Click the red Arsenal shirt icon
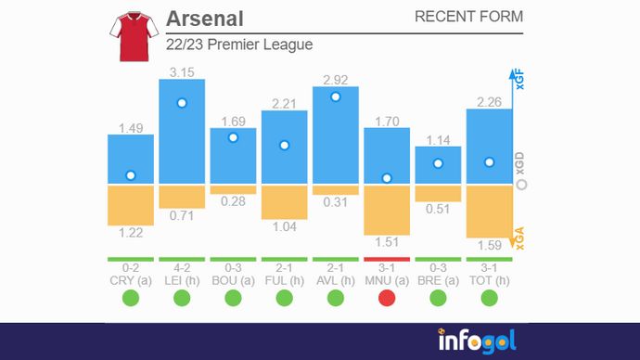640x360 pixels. coord(130,37)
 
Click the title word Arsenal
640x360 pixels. coord(204,19)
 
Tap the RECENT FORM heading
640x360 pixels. coord(468,17)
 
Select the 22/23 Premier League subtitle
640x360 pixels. coord(239,45)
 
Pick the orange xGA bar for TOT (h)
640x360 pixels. coord(489,212)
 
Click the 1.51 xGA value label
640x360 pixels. coord(387,242)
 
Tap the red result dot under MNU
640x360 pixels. coord(387,298)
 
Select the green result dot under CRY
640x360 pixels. coord(131,298)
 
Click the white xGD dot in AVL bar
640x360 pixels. coord(336,96)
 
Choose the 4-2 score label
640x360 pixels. coord(182,268)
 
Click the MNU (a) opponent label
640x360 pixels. coord(387,280)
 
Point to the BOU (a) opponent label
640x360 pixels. coord(233,280)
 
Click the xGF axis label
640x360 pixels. coord(520,81)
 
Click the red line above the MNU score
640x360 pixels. coord(387,259)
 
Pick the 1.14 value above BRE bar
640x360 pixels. coord(438,140)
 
